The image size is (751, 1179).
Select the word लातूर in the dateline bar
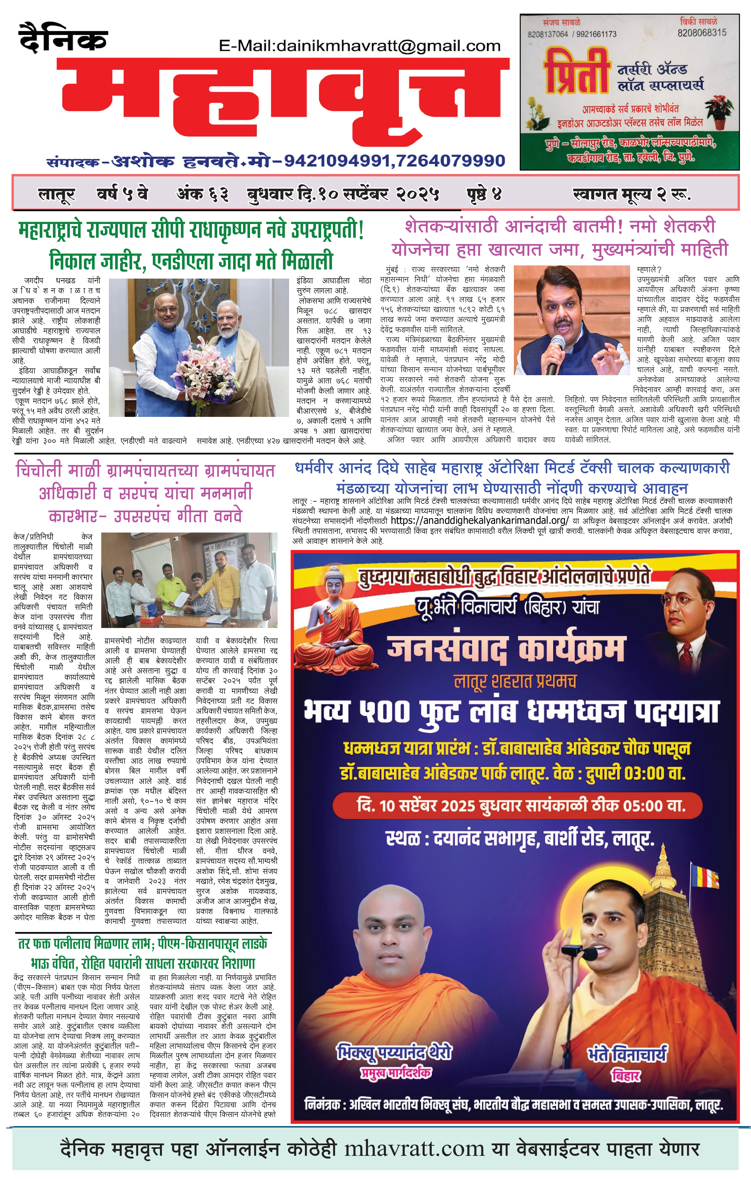56,195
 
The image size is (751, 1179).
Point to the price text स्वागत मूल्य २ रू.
632,195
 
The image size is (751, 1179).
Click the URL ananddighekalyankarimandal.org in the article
480,521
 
